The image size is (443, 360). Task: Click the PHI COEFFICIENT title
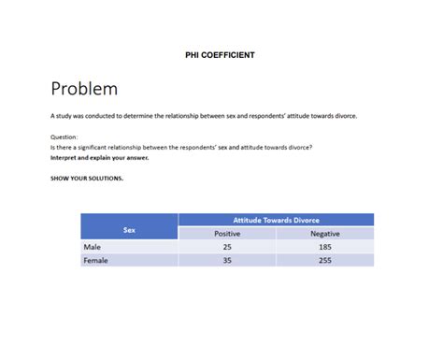pyautogui.click(x=221, y=55)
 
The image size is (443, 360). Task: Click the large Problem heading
pyautogui.click(x=84, y=89)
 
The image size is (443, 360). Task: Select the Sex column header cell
pyautogui.click(x=128, y=226)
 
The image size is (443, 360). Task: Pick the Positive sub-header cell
pyautogui.click(x=227, y=233)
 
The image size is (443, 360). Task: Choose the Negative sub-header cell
pyautogui.click(x=324, y=233)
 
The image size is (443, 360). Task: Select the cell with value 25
pyautogui.click(x=227, y=247)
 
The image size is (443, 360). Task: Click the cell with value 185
pyautogui.click(x=324, y=247)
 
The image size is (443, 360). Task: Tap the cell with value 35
pyautogui.click(x=227, y=261)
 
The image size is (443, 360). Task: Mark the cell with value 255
pyautogui.click(x=324, y=261)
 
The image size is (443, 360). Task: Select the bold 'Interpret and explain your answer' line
pyautogui.click(x=99, y=157)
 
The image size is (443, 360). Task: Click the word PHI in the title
pyautogui.click(x=195, y=55)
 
